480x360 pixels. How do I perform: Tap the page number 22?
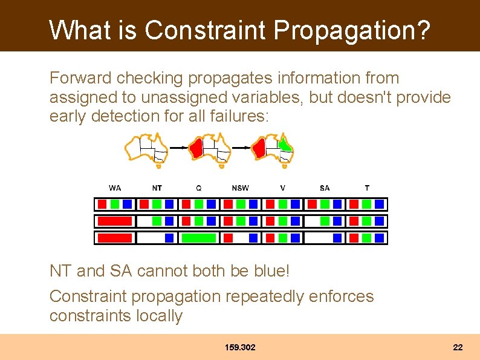458,347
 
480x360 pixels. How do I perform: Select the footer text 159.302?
240,347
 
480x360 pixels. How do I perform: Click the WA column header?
115,188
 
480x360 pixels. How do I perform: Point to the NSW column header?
240,188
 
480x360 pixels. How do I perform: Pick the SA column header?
325,188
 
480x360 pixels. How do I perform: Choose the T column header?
367,188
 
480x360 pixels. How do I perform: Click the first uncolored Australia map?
146,149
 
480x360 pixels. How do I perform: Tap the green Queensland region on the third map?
284,145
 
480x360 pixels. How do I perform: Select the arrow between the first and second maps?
177,147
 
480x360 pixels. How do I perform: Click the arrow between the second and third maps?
241,147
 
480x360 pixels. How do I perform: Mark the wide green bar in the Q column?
199,238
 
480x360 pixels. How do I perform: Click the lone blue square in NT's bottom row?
169,238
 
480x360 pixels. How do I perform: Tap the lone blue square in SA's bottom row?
337,238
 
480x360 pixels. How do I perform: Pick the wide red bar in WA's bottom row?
115,238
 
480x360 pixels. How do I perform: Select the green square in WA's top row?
115,205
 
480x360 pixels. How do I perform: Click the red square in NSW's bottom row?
228,238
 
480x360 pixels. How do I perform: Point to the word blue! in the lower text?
269,271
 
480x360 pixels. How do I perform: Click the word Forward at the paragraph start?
80,78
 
